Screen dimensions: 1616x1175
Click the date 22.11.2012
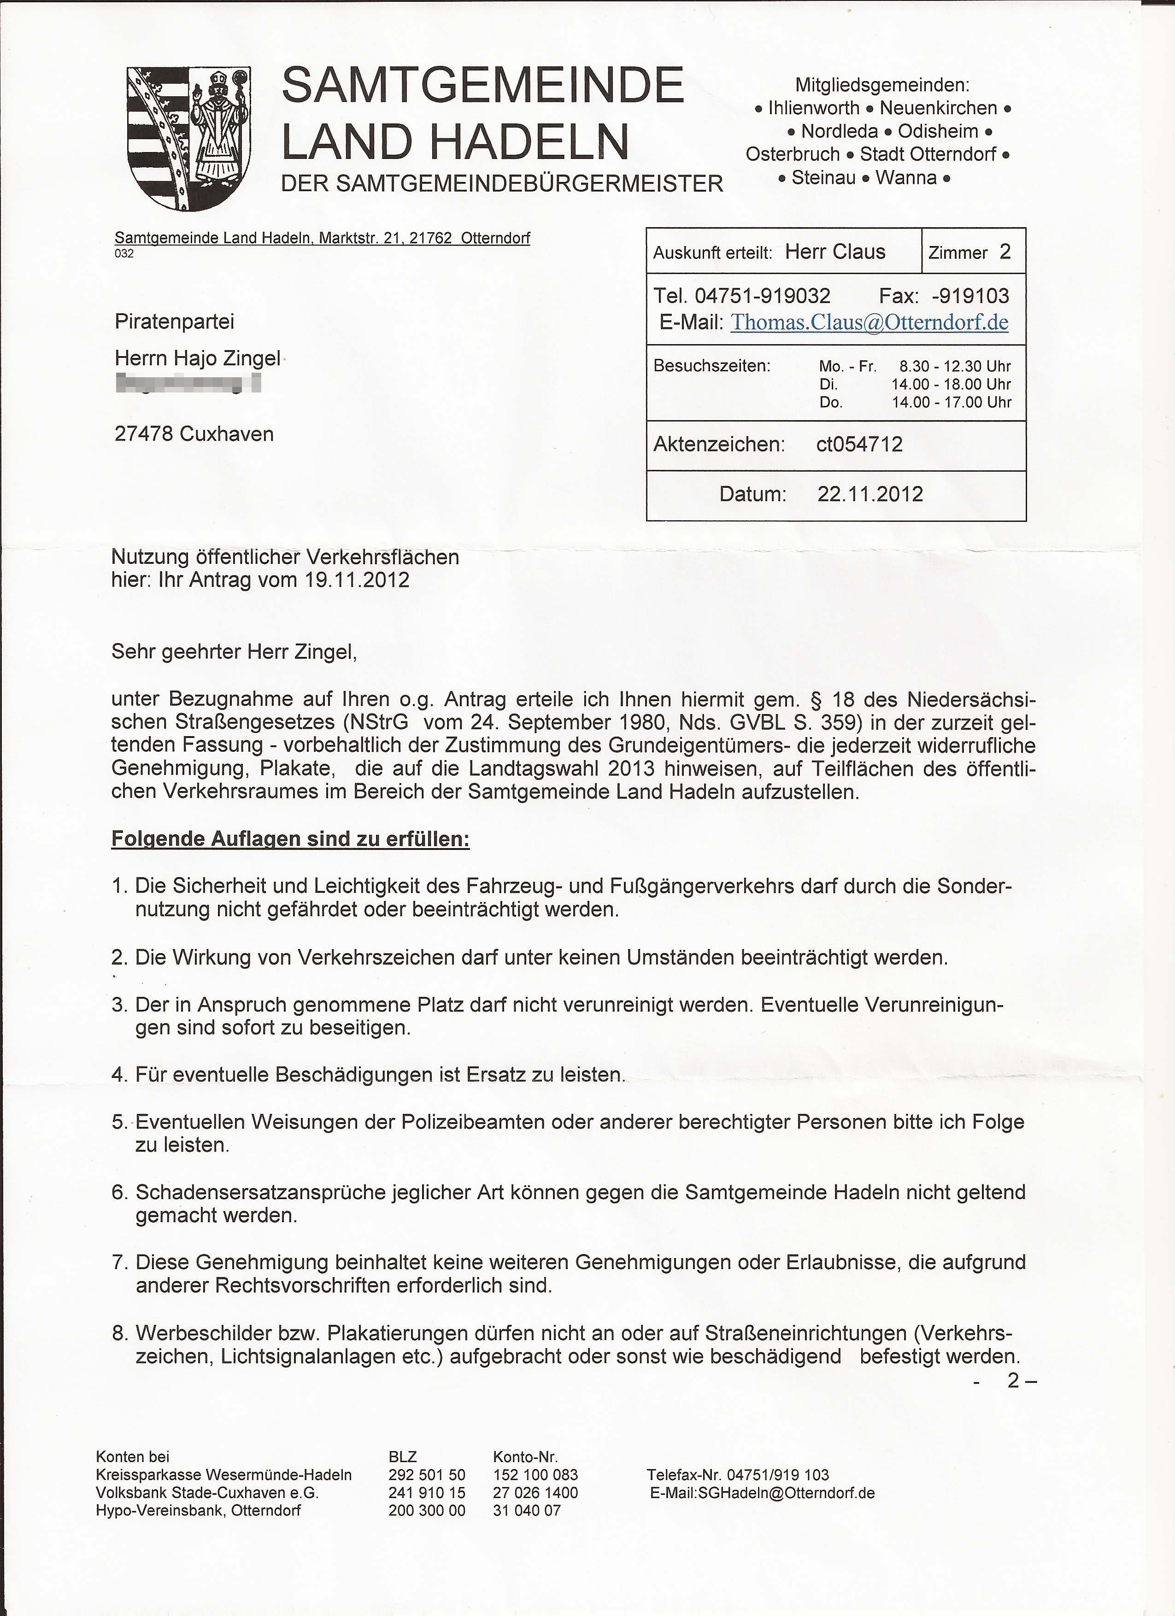(869, 494)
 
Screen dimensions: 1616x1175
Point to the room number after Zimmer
(1005, 252)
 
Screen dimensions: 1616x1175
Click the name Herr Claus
(834, 252)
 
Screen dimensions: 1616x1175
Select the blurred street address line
(188, 383)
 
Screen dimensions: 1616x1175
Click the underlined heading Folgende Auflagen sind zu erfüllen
(290, 839)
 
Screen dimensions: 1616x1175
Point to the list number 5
(118, 1122)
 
